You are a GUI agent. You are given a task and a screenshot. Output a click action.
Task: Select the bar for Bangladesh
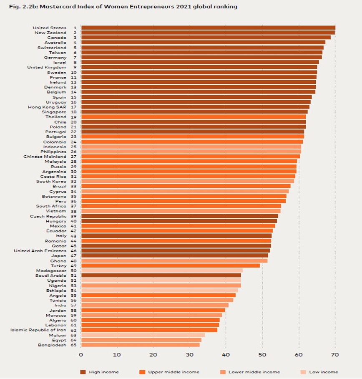(140, 345)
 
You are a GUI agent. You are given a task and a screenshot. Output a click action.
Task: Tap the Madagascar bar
(162, 270)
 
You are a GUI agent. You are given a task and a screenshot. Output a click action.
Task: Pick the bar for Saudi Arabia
(161, 275)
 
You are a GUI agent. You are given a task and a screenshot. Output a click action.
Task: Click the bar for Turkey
(170, 265)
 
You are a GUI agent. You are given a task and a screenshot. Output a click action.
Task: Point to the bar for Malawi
(143, 335)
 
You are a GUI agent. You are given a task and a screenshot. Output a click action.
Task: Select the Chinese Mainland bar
(190, 157)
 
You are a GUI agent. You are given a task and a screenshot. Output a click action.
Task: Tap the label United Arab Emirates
(40, 250)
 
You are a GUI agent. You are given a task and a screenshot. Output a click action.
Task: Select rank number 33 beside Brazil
(74, 186)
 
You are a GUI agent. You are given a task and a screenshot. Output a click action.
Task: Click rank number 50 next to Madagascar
(74, 270)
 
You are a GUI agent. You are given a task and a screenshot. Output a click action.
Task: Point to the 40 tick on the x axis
(226, 355)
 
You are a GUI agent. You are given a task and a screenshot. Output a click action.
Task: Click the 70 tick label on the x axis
(334, 355)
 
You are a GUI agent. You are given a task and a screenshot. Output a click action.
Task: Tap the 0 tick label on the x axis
(81, 355)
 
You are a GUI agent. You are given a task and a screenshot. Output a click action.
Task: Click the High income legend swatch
(83, 372)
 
